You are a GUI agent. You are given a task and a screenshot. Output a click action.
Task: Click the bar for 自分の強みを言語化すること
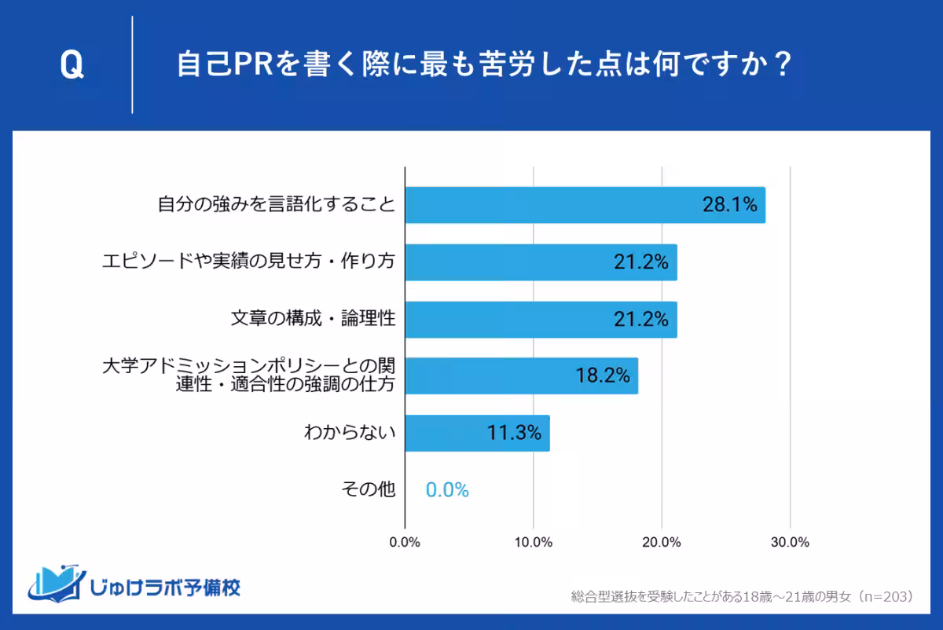[x=585, y=205]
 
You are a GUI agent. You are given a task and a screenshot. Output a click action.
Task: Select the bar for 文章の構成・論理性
[x=541, y=320]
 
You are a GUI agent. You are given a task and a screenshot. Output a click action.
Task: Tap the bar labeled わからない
[x=477, y=433]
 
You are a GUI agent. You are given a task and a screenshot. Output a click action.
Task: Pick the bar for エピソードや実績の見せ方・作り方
[x=541, y=262]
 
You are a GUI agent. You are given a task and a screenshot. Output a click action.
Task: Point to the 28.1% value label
[x=729, y=206]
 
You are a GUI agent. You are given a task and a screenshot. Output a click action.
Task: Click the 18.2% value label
[x=603, y=376]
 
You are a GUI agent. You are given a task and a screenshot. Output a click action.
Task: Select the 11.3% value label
[x=515, y=433]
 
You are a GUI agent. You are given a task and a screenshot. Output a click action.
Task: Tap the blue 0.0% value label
[x=447, y=490]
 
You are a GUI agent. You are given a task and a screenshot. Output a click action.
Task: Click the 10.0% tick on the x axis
[x=534, y=542]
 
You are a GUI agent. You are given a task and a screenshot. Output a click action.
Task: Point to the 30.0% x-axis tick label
[x=790, y=542]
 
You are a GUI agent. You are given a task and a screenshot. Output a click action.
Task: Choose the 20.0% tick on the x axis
[x=662, y=542]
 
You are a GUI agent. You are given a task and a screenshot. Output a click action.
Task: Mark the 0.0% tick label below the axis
[x=405, y=542]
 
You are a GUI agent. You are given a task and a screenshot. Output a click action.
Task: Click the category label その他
[x=368, y=490]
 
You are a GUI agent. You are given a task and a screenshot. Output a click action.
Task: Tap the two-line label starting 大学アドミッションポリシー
[x=249, y=375]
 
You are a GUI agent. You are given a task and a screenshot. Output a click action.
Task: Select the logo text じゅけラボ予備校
[x=165, y=587]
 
